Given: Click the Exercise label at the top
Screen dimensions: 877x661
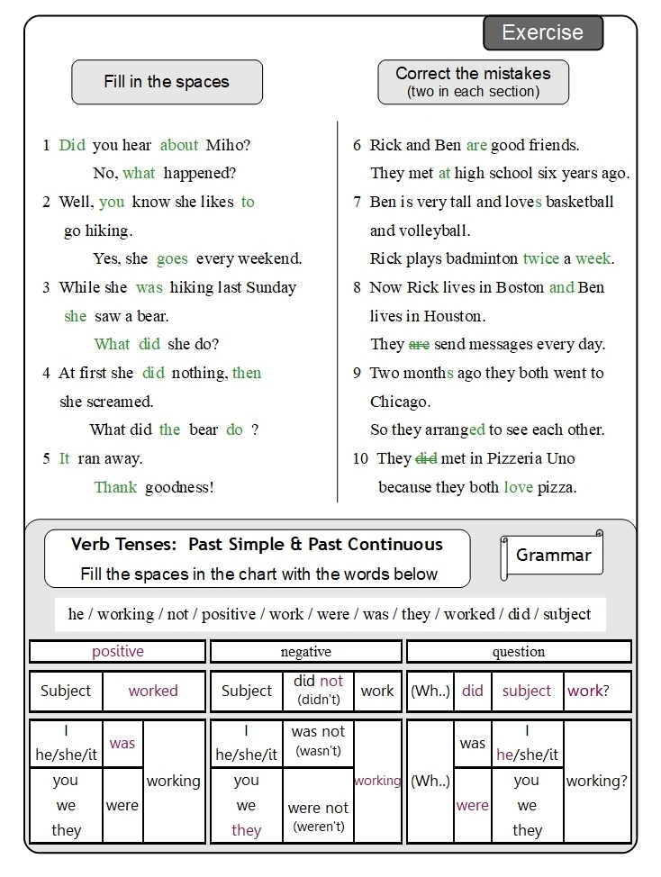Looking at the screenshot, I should click(x=542, y=33).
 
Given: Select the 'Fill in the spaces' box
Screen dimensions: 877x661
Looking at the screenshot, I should click(x=167, y=82).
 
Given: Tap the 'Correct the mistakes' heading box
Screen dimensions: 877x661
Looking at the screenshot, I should click(x=473, y=82).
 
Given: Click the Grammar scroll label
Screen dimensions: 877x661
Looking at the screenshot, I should click(x=552, y=556).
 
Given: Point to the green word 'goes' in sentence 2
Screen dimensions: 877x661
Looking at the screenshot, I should click(x=172, y=259).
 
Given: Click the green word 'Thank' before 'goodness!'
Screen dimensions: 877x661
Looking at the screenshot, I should click(x=115, y=488).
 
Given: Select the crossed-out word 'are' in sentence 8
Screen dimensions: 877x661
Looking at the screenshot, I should click(x=419, y=345).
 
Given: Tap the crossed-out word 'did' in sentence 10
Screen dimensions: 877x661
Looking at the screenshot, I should click(x=426, y=459).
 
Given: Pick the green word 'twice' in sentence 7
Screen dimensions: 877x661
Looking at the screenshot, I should click(x=540, y=259).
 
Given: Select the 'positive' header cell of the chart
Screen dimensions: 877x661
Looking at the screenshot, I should click(x=118, y=652).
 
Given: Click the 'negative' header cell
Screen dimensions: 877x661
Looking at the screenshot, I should click(x=306, y=652).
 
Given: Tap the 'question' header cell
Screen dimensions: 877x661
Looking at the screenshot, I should click(x=518, y=652).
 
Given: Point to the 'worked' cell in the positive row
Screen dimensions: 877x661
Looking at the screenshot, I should click(x=153, y=692).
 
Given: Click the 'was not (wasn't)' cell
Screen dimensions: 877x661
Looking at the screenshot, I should click(x=318, y=741).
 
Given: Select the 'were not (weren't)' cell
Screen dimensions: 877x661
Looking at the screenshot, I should click(x=318, y=817).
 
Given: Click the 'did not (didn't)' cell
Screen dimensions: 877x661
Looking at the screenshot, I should click(x=318, y=690).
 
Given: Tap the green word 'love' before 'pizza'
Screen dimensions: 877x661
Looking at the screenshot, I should click(x=519, y=488).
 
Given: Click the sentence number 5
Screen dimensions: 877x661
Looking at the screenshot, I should click(x=46, y=459).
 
